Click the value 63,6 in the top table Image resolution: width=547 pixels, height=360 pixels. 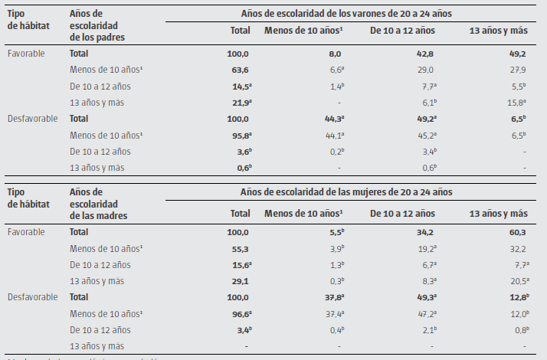pyautogui.click(x=240, y=70)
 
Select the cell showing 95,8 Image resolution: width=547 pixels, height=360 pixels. pyautogui.click(x=240, y=135)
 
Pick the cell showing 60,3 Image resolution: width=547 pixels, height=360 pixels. pyautogui.click(x=516, y=231)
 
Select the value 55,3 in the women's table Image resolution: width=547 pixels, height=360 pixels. pyautogui.click(x=240, y=247)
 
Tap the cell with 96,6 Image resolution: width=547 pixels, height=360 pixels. pyautogui.click(x=240, y=313)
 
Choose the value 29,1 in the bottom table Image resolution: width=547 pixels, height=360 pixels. pyautogui.click(x=240, y=280)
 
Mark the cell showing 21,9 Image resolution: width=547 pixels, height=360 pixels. pyautogui.click(x=240, y=102)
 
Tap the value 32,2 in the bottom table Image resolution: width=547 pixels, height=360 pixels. pyautogui.click(x=516, y=247)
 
